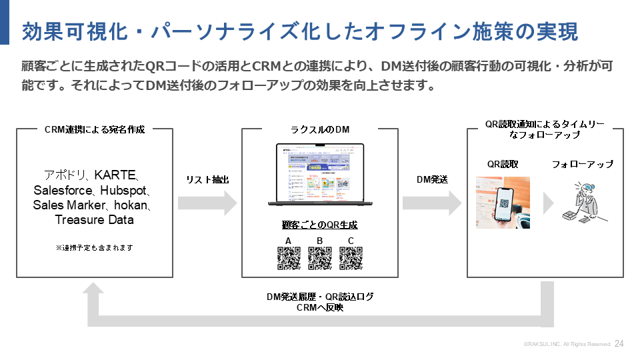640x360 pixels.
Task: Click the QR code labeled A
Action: [x=288, y=258]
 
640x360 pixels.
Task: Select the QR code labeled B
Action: [x=320, y=258]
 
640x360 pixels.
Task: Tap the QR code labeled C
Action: [x=351, y=258]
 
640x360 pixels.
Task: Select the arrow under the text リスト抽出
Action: [x=207, y=202]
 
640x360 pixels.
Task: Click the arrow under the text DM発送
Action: [x=432, y=202]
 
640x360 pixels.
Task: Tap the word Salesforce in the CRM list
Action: [x=64, y=191]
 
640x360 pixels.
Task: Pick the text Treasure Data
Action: [x=94, y=220]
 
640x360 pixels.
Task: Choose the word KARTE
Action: [x=115, y=175]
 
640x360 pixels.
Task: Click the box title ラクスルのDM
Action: [x=320, y=129]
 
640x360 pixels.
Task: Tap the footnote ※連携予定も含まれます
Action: [x=94, y=247]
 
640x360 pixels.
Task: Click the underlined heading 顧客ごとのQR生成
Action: [x=320, y=225]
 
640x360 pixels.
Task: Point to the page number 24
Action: [x=619, y=344]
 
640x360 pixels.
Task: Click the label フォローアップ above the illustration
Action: [x=582, y=164]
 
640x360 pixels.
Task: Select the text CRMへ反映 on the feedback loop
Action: [x=320, y=307]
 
